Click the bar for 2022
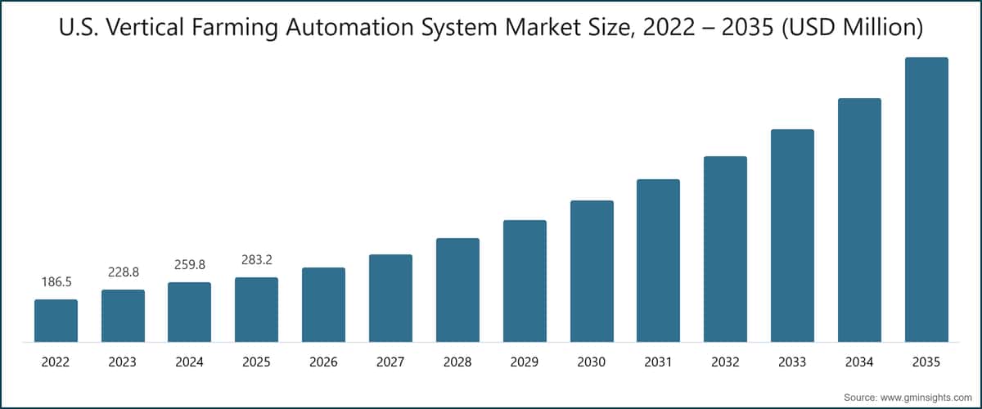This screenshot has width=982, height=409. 56,321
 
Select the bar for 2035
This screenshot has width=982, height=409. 926,200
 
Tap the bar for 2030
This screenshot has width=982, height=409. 592,271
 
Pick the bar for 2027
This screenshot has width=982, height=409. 390,298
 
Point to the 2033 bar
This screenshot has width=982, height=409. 792,236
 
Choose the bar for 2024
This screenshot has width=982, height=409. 189,312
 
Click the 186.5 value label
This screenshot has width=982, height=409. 56,282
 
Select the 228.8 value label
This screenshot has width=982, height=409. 123,272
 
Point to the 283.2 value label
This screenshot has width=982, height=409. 256,260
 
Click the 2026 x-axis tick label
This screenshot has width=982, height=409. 323,362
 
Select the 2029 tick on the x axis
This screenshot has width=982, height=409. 525,362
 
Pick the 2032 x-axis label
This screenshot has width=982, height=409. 725,362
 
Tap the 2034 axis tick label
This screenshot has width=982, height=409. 859,362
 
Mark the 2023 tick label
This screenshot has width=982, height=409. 123,362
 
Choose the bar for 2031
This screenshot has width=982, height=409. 659,260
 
